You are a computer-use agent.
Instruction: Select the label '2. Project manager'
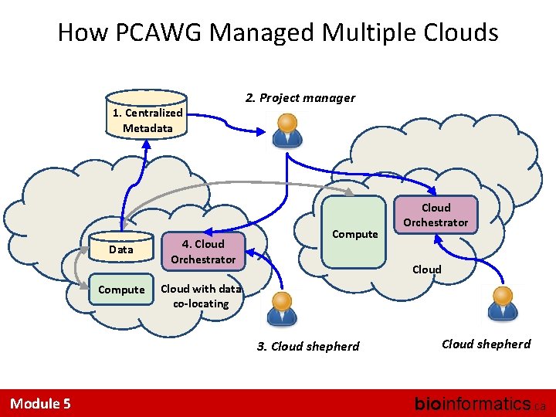point(300,98)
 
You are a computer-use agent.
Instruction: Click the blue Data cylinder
point(120,249)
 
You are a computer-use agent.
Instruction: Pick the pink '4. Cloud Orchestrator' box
point(202,251)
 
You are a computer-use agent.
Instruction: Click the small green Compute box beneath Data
point(122,290)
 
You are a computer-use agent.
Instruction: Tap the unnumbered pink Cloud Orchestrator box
point(435,215)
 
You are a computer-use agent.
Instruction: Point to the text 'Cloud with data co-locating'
point(201,297)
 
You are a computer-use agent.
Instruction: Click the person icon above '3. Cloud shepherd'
point(283,307)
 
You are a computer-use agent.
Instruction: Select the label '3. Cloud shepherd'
point(307,347)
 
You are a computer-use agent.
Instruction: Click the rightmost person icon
point(502,302)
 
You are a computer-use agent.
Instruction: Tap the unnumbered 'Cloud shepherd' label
point(486,344)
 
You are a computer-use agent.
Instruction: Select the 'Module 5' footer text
point(40,403)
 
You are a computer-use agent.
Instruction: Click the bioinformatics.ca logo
point(480,403)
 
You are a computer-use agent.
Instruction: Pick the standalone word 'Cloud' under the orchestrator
point(426,270)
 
